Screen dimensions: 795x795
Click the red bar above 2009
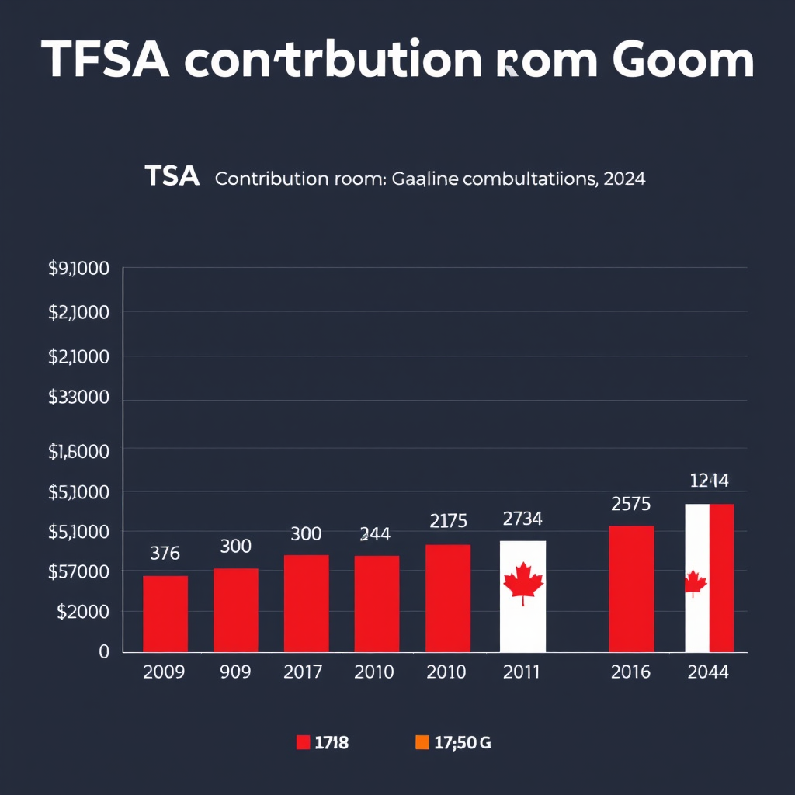[165, 613]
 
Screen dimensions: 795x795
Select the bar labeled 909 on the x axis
[236, 609]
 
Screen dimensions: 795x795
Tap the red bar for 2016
[631, 588]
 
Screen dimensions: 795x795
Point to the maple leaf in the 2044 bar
[695, 583]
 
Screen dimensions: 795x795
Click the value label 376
[165, 554]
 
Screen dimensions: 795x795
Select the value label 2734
[522, 518]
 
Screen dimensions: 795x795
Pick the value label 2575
[630, 504]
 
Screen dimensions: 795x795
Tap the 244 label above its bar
[375, 534]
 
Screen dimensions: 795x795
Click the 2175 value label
[448, 521]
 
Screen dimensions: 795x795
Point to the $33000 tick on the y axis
[78, 397]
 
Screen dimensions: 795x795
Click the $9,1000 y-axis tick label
[78, 269]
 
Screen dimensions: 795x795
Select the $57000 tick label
[78, 572]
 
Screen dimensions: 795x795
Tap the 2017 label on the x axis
[304, 672]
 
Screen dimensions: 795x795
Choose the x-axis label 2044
[708, 672]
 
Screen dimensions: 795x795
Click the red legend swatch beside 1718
[304, 743]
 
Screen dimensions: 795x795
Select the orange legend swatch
[422, 743]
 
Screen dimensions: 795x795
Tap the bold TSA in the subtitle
[172, 178]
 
